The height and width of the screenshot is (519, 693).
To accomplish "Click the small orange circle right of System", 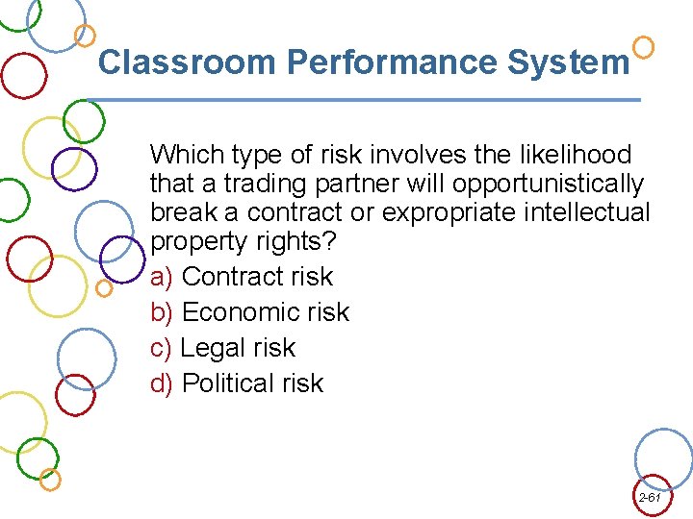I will click(x=644, y=46).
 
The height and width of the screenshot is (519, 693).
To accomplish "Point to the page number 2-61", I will click(x=650, y=498).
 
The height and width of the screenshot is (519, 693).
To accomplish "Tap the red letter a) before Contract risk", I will click(x=162, y=277).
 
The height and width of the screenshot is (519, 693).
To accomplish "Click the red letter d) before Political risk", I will click(x=162, y=383).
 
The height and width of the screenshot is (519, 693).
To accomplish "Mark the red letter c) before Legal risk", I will click(x=162, y=348).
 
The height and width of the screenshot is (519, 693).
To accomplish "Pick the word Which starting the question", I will click(x=185, y=155).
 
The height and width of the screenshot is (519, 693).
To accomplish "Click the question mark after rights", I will click(x=328, y=240).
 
